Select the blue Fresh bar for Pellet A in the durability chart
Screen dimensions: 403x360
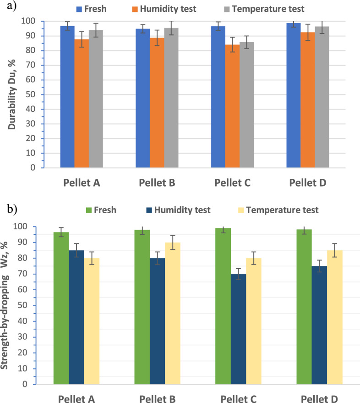(67, 97)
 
